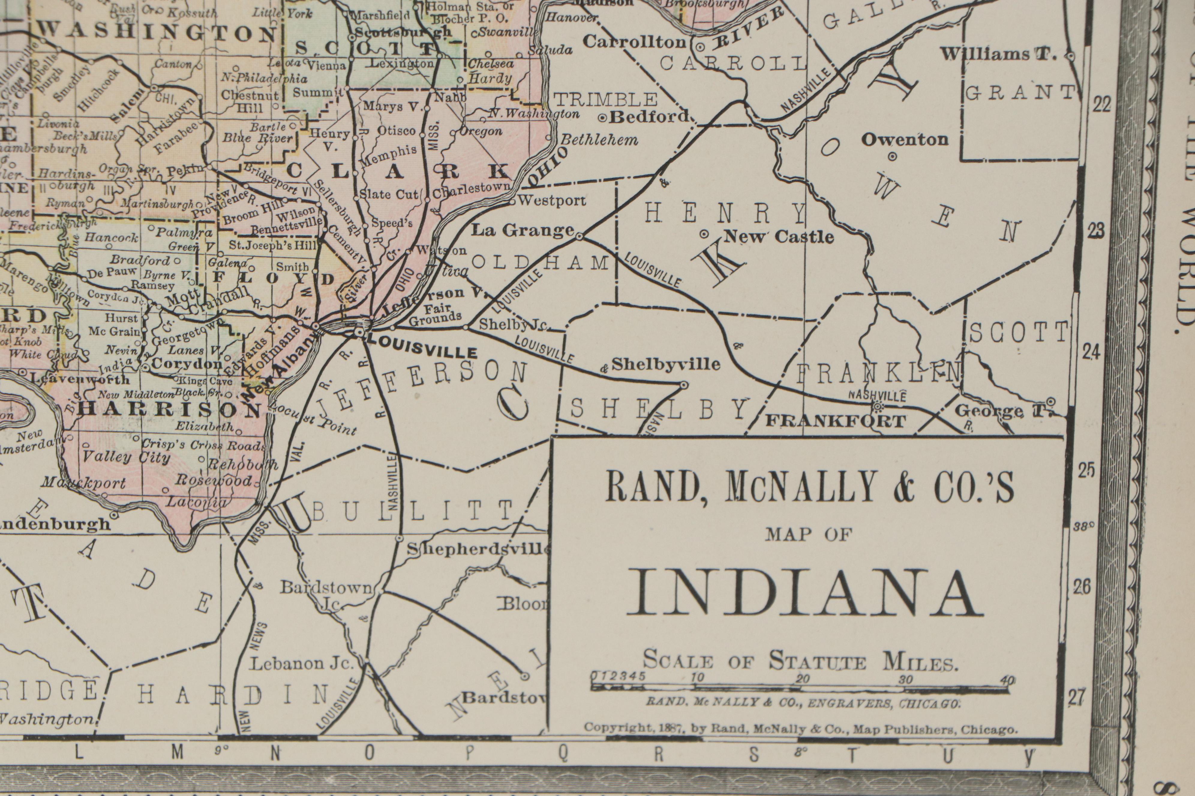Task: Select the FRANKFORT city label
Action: coord(835,421)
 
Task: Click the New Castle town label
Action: coord(778,236)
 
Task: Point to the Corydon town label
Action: coord(187,364)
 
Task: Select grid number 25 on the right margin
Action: coord(1086,471)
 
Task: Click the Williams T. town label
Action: coord(998,54)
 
